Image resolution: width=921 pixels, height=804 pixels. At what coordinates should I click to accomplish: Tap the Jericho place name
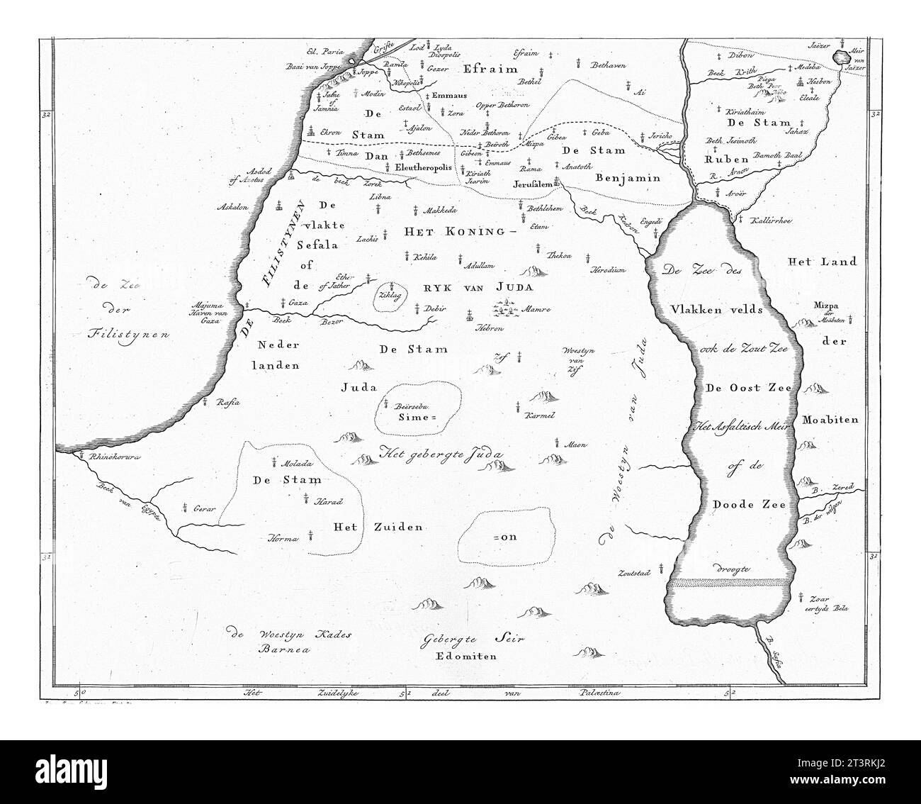[x=653, y=135]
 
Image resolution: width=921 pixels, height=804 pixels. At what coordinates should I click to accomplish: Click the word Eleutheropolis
[x=423, y=167]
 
